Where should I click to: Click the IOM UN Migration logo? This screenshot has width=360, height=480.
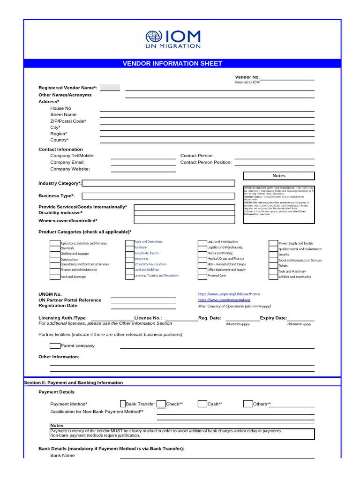[173, 39]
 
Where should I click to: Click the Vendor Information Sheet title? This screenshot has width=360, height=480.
[172, 64]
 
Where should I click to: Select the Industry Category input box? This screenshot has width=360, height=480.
[158, 183]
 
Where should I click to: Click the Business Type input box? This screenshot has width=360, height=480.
[158, 196]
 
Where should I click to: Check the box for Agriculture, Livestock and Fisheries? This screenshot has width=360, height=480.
[55, 243]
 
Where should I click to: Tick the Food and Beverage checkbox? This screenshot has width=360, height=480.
[55, 277]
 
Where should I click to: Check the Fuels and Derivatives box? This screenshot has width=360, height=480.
[130, 242]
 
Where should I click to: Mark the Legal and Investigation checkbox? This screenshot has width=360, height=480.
[202, 242]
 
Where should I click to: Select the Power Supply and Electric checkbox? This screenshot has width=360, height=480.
[273, 243]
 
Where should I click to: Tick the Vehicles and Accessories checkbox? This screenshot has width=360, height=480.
[273, 277]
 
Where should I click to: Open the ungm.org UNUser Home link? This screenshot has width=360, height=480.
[229, 294]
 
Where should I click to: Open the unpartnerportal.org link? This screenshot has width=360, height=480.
[224, 300]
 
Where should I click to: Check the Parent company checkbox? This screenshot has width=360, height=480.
[55, 346]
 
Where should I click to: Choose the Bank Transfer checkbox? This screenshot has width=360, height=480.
[123, 404]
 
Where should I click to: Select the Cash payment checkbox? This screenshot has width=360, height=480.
[202, 404]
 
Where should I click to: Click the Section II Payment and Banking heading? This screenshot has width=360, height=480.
[74, 382]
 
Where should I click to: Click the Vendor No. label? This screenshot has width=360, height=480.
[247, 77]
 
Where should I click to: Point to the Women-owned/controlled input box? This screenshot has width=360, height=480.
[184, 220]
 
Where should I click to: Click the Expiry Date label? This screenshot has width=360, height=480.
[274, 318]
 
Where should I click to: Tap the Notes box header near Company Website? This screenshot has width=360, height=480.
[279, 176]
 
